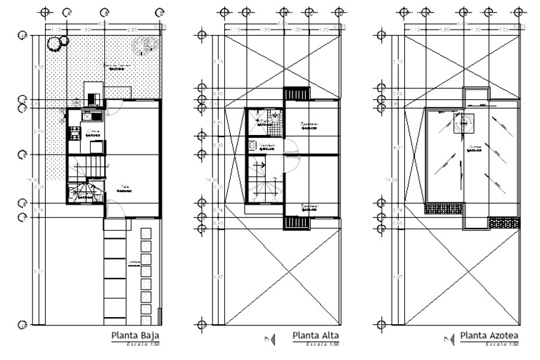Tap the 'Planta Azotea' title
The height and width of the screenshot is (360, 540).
(489, 335)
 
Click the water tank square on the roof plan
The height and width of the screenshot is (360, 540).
(465, 124)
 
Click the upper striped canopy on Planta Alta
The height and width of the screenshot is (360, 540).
(296, 95)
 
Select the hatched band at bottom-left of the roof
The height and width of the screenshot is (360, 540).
(444, 208)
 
